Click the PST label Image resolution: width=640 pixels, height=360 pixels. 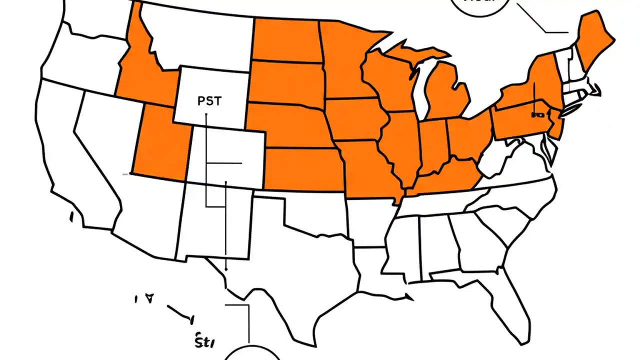209,100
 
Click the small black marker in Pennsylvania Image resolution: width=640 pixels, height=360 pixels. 537,115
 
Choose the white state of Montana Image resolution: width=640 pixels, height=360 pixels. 200,40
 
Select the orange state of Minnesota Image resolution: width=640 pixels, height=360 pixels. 345,60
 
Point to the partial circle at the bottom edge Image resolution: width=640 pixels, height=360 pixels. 250,352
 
